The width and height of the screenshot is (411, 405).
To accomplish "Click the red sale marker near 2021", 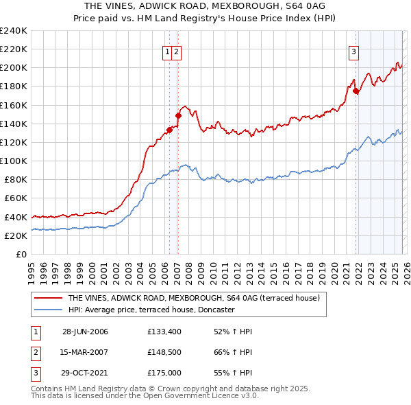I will pyautogui.click(x=356, y=91).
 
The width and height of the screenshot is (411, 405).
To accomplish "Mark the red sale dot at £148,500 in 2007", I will pyautogui.click(x=178, y=116).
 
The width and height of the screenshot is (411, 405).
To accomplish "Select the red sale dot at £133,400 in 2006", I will pyautogui.click(x=169, y=130).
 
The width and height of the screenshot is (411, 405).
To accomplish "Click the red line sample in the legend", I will pyautogui.click(x=49, y=299).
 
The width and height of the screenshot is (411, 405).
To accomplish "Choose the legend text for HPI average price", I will pyautogui.click(x=151, y=310).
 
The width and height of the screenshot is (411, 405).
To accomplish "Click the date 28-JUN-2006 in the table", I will pyautogui.click(x=85, y=332).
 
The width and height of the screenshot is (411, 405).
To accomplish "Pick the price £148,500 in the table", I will pyautogui.click(x=164, y=353).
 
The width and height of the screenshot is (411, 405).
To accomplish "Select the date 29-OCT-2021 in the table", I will pyautogui.click(x=85, y=374).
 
